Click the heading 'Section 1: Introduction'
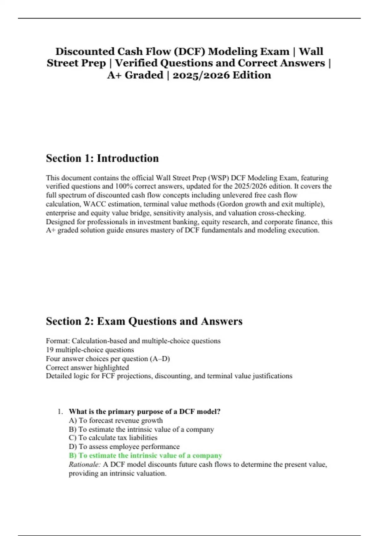102,158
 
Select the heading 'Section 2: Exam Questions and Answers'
144,321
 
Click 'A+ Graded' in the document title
135,75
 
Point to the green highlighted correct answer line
145,456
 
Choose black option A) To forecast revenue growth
116,420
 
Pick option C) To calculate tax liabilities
113,438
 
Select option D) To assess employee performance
124,446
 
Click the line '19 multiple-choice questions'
90,350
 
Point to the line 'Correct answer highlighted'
87,367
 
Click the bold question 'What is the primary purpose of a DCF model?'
144,411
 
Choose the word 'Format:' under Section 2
58,341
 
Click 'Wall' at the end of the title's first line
311,51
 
